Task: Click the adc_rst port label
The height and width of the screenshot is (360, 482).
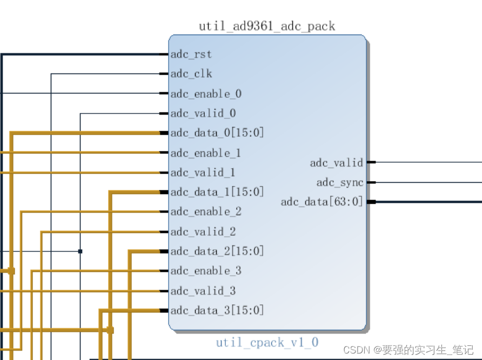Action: (x=191, y=55)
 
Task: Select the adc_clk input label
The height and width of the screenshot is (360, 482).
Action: (x=191, y=74)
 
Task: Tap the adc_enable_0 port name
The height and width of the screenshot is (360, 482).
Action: (x=206, y=94)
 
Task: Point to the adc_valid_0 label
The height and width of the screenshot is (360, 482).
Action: (x=203, y=114)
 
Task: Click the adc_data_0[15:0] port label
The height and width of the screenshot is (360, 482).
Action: (x=217, y=133)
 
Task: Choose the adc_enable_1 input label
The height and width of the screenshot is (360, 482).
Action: (x=206, y=153)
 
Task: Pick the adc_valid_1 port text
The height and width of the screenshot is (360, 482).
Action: (x=203, y=172)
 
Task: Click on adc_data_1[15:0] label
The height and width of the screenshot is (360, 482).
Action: (x=217, y=192)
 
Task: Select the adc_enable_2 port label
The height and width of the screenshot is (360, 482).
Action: (x=206, y=212)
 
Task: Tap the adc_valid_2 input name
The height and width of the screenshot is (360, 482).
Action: (x=203, y=232)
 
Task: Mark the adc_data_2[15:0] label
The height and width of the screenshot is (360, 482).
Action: (x=217, y=251)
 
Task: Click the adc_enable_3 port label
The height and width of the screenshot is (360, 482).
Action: (x=206, y=271)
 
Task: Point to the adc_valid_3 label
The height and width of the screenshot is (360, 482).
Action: (x=203, y=291)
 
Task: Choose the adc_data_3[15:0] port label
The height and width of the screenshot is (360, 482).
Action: (x=217, y=310)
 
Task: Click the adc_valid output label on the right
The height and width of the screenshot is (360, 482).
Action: (x=337, y=163)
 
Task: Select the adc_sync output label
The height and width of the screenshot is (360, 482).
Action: (x=340, y=183)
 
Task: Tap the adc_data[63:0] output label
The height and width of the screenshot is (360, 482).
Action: (x=322, y=202)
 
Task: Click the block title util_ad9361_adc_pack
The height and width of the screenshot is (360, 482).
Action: (x=267, y=26)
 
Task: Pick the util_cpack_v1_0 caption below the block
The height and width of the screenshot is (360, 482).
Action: (x=267, y=342)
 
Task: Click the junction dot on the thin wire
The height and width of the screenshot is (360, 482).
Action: (x=80, y=251)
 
